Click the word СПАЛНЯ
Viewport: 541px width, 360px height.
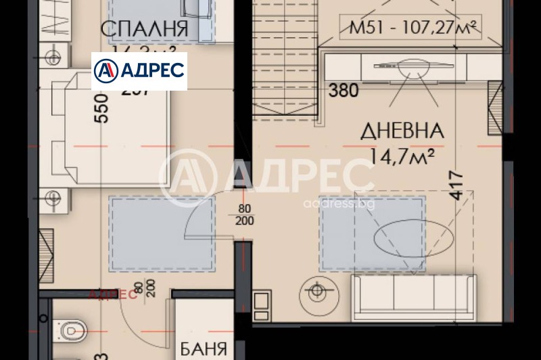[143, 29]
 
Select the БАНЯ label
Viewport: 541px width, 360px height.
[203, 349]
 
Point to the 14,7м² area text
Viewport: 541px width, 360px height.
[402, 157]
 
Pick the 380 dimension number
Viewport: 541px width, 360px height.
[344, 90]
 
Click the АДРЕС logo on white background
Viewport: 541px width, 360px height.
[139, 70]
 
